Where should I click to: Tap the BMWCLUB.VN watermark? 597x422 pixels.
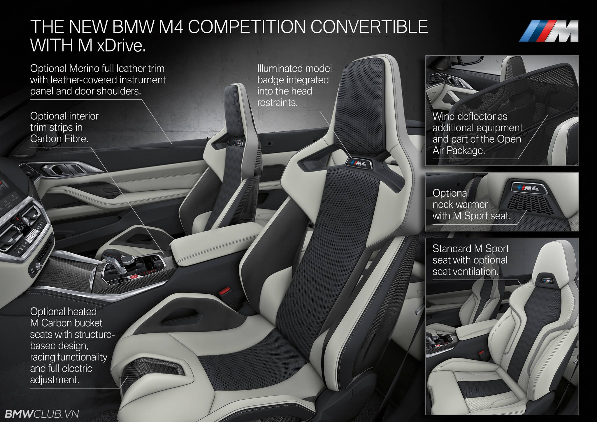40,414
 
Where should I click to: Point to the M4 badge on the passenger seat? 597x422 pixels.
237,143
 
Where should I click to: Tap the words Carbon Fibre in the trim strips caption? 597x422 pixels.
59,139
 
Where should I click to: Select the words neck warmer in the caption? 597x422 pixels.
460,204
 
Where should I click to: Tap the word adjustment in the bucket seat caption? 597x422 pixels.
55,380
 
